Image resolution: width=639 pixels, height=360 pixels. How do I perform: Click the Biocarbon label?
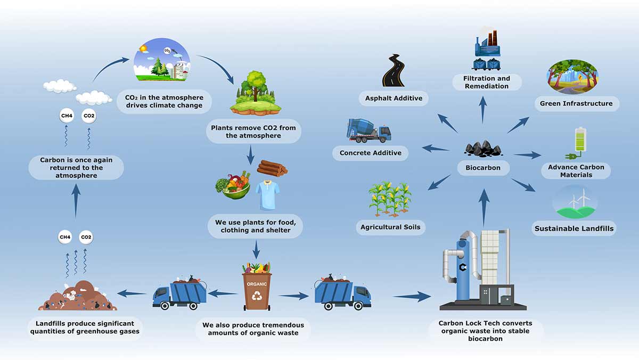click(x=483, y=168)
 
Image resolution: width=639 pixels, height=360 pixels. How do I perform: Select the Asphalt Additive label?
click(x=394, y=98)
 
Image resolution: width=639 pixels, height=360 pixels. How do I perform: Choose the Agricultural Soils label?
click(x=390, y=227)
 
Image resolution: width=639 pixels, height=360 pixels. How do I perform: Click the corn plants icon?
click(x=390, y=199)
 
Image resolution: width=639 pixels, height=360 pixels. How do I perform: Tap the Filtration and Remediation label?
click(x=486, y=82)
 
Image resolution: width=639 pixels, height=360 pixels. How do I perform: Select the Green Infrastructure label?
click(x=576, y=103)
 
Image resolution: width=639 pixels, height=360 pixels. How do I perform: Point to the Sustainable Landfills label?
click(x=574, y=229)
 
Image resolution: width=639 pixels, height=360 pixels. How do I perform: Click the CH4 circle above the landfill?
click(x=65, y=237)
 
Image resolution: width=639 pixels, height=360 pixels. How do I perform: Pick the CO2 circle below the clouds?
click(x=89, y=115)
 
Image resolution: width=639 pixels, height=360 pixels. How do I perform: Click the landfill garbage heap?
click(x=77, y=297)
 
